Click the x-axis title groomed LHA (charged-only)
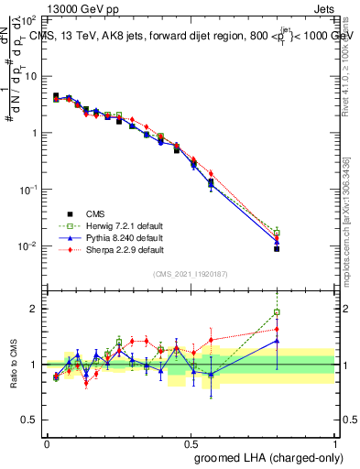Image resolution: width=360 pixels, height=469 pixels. [277, 457]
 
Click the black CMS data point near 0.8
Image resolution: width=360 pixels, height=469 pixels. [277, 248]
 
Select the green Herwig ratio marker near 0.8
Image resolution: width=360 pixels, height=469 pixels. [277, 312]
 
